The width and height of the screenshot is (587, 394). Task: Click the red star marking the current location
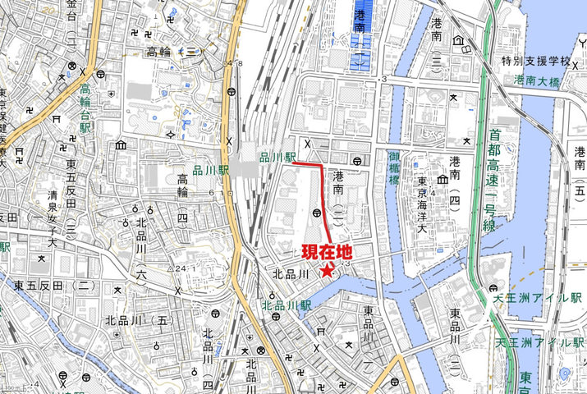(x=328, y=271)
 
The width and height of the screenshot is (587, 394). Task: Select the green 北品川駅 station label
(x=287, y=305)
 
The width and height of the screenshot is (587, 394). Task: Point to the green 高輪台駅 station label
(x=85, y=103)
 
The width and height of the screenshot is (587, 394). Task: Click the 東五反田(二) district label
(x=52, y=286)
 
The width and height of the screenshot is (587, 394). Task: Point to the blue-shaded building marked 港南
(x=360, y=33)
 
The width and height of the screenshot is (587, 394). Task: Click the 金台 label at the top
(x=71, y=10)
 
